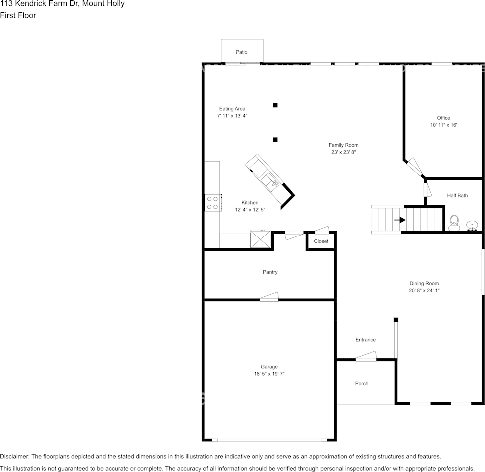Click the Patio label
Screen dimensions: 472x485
242,52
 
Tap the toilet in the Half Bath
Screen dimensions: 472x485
454,223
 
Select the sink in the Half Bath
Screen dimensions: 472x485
471,226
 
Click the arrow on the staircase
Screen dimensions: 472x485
400,219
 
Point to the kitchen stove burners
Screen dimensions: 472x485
212,202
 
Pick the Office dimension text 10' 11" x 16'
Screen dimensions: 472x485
444,125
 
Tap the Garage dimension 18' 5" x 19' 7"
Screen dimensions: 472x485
269,373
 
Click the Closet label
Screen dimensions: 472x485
321,241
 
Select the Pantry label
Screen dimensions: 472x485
270,272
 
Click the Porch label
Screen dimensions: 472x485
362,383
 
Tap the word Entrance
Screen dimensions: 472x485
365,340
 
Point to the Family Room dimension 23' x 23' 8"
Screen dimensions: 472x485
343,152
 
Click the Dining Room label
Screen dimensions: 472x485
424,283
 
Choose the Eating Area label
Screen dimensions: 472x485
232,109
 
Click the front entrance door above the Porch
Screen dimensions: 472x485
366,356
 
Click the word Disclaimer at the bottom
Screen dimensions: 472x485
14,456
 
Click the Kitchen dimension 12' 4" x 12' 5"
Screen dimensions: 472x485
250,210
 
